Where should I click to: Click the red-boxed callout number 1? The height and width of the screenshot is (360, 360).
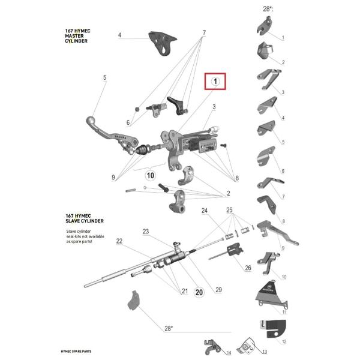(215, 81)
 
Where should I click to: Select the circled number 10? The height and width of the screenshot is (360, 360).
(150, 175)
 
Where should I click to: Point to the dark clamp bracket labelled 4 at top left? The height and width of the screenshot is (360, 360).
(161, 43)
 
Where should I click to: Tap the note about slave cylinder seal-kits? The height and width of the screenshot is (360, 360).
(85, 238)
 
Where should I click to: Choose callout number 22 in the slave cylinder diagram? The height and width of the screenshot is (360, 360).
(119, 241)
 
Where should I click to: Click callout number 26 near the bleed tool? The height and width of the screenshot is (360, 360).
(247, 268)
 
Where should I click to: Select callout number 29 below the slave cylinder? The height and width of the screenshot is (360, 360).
(218, 290)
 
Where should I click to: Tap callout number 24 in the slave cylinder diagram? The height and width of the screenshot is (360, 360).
(204, 211)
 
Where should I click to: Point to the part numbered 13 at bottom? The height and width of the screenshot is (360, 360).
(246, 347)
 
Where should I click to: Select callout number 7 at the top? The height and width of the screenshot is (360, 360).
(203, 32)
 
